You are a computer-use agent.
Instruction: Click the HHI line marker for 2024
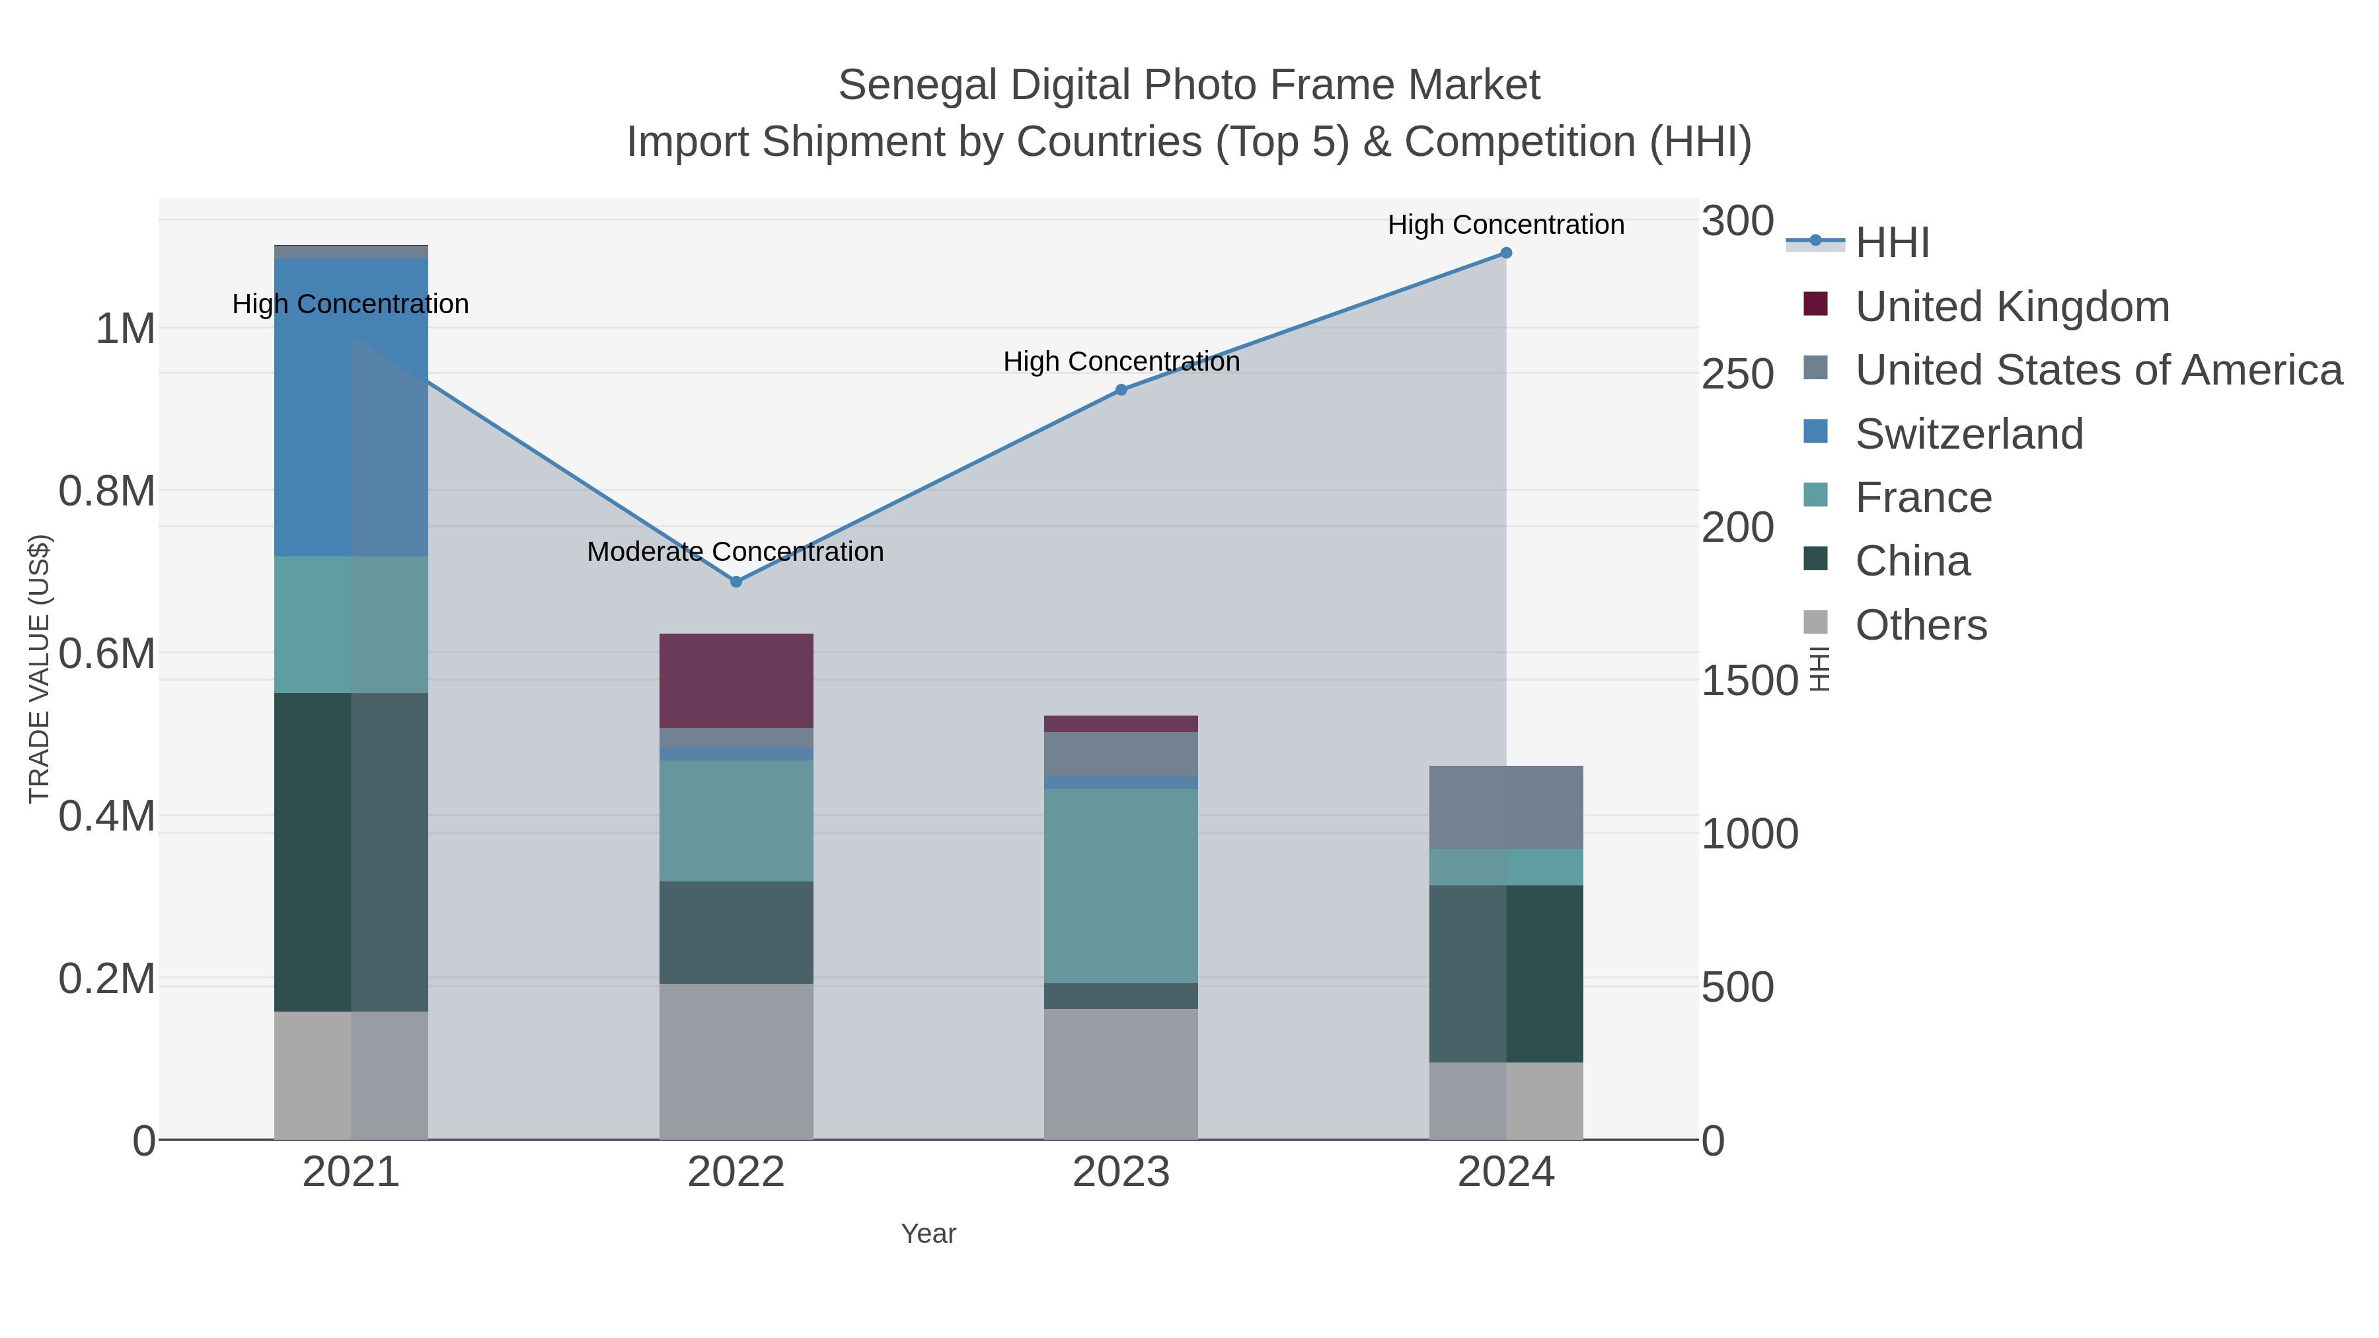pos(1505,253)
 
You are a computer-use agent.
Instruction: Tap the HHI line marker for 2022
pos(736,581)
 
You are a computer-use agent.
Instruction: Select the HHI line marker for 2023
pos(1121,390)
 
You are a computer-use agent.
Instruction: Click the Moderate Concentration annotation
pos(735,552)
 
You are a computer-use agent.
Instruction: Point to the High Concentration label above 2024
pos(1505,225)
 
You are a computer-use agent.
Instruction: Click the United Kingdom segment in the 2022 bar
pos(736,681)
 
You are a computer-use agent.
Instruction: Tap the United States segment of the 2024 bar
pos(1505,807)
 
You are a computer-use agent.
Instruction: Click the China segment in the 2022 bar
pos(736,932)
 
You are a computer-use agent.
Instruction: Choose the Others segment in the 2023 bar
pos(1121,1074)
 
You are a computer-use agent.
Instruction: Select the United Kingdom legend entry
pos(2012,307)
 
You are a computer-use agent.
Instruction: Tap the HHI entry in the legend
pos(1891,243)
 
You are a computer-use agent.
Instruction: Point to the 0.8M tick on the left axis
pos(107,491)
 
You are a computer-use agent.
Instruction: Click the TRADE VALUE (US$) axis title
pos(40,669)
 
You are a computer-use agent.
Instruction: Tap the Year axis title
pos(928,1234)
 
